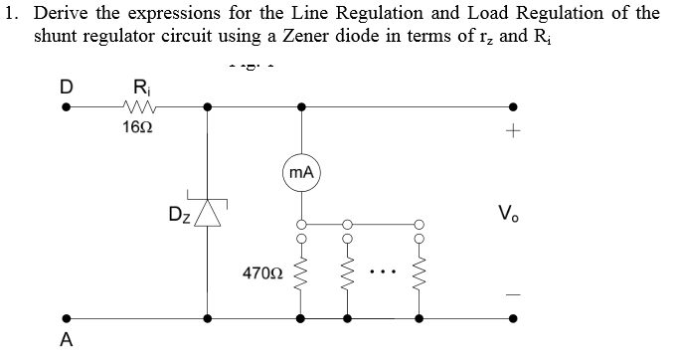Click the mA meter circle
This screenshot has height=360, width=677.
tap(302, 173)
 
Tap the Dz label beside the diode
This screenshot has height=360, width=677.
tap(179, 213)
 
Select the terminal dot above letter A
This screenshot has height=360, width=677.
tap(67, 320)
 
